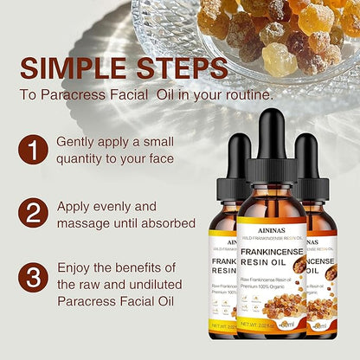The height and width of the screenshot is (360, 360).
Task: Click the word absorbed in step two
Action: [169, 224]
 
